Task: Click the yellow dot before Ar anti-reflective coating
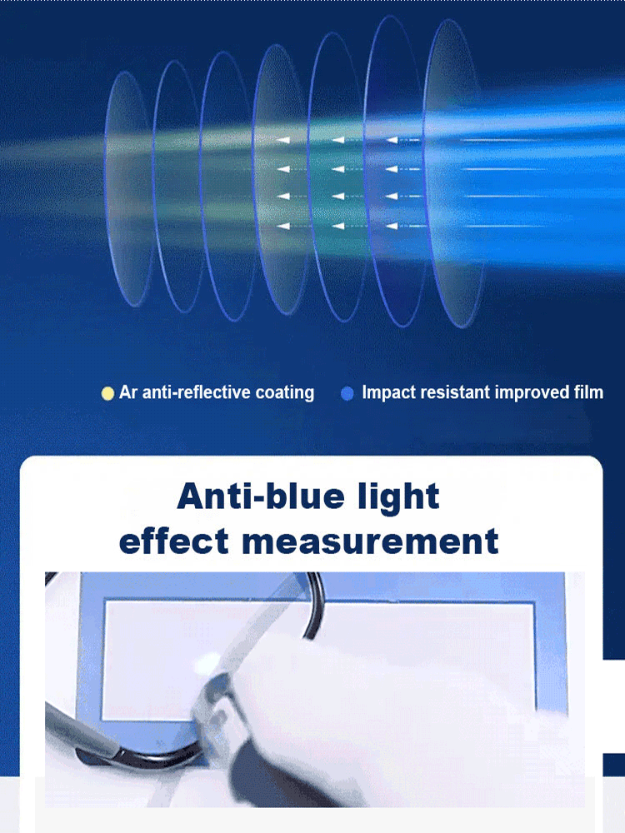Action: [x=107, y=393]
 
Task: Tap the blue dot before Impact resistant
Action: [x=347, y=393]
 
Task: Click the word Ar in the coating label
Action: [x=128, y=392]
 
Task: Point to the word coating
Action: [x=286, y=393]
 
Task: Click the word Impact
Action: [x=388, y=392]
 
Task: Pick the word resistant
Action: [x=455, y=392]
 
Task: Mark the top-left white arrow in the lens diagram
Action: [x=284, y=141]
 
